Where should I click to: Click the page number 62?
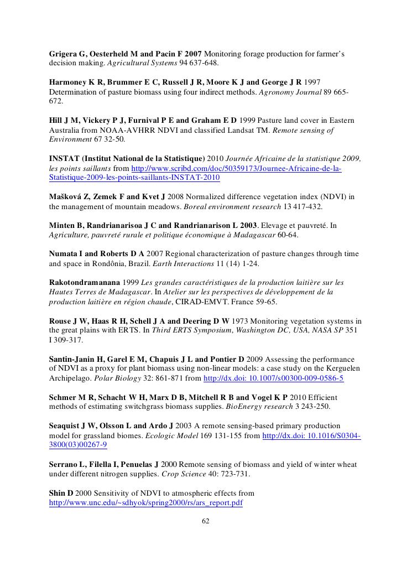tap(206, 521)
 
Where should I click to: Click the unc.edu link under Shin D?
tap(146, 503)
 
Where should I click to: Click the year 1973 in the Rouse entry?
tap(239, 321)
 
